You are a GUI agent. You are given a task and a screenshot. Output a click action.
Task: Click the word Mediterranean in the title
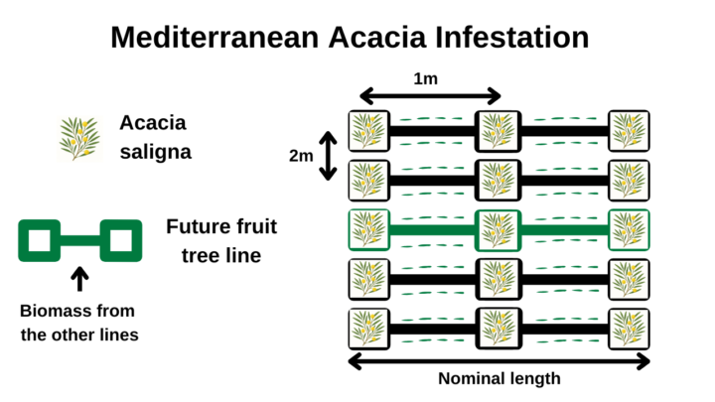pos(214,38)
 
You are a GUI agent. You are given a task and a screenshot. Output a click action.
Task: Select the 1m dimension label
pos(425,78)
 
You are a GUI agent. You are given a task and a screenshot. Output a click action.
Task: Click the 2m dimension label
pos(301,156)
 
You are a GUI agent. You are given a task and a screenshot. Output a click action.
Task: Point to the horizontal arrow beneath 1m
pos(430,96)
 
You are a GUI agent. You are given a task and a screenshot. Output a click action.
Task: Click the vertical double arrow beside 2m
pos(328,156)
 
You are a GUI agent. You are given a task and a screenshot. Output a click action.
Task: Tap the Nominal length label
pos(500,379)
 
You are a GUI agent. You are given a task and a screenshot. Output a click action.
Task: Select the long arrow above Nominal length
pos(499,361)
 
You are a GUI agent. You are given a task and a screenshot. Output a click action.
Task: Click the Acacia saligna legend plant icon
pos(79,139)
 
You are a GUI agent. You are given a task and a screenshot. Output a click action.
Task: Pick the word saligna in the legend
pos(156,152)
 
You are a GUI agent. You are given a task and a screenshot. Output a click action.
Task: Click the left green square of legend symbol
pos(39,240)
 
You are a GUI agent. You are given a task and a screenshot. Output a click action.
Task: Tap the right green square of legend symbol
pos(121,240)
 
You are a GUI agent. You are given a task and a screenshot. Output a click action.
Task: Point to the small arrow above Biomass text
pos(79,279)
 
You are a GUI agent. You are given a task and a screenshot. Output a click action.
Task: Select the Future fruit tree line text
pos(221,241)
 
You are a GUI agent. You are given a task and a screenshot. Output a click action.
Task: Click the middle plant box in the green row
pos(498,230)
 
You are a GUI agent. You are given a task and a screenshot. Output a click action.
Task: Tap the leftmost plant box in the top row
pos(368,131)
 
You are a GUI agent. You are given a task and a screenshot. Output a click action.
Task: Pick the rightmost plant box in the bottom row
pos(629,330)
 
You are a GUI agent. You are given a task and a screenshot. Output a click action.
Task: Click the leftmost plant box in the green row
pos(368,230)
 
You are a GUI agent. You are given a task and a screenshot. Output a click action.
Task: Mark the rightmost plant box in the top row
pos(629,131)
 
